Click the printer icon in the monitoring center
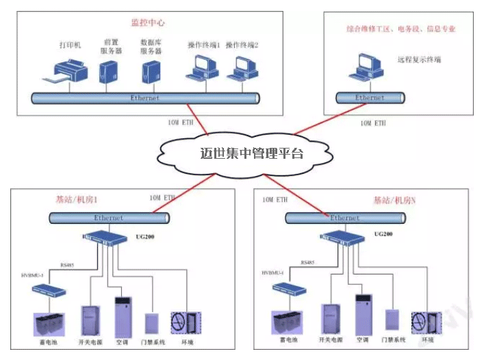point(70,70)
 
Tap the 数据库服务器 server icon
point(150,71)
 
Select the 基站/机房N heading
point(395,200)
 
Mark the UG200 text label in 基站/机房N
point(383,233)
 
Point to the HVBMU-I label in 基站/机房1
point(33,275)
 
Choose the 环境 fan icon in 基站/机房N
point(425,322)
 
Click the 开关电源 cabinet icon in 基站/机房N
point(331,318)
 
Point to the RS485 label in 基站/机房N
point(307,263)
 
